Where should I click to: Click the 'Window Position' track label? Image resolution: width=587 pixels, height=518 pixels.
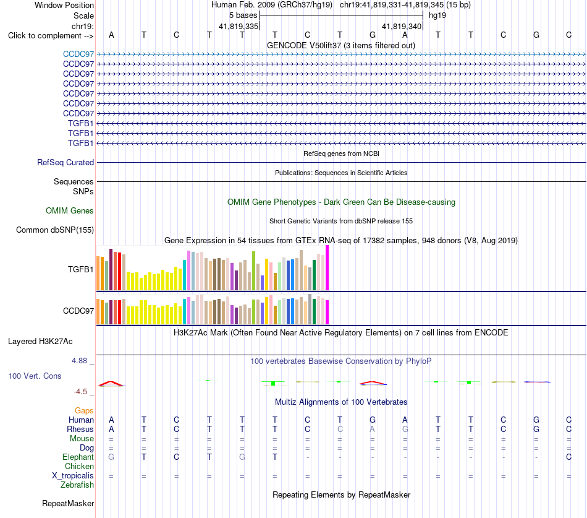coord(64,5)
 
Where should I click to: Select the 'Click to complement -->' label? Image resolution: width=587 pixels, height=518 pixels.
coord(51,36)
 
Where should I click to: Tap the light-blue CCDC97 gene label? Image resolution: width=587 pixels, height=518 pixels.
coord(78,54)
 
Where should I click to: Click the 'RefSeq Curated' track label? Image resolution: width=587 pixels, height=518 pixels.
coord(65,162)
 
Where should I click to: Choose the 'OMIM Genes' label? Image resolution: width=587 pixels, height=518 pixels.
coord(69,211)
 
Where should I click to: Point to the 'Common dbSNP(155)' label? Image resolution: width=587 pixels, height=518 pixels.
coord(54,230)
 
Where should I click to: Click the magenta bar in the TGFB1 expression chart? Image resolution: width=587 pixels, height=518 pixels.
coord(327,268)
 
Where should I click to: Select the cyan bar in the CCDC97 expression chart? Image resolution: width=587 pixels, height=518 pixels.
coord(184,311)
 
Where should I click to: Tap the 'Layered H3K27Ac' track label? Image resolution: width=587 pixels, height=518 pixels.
coord(40,342)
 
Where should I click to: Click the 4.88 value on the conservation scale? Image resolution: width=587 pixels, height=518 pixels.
coord(79,361)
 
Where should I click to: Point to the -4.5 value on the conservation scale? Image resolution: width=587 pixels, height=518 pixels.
coord(80,392)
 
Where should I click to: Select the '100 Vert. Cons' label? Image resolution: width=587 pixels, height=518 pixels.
coord(35,376)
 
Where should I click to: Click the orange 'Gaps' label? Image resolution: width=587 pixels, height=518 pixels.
coord(84,411)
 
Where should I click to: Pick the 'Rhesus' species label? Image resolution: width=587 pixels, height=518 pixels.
coord(80,429)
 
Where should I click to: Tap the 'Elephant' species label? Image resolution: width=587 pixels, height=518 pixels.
coord(78,457)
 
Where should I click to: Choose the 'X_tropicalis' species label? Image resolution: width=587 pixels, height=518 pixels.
coord(73,476)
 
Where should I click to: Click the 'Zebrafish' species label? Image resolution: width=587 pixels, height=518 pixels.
coord(77,485)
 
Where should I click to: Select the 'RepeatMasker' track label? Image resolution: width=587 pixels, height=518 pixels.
coord(68,503)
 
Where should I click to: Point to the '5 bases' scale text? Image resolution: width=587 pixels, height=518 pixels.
coord(243,15)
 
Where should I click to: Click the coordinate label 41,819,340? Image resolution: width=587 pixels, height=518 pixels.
coord(402,26)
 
